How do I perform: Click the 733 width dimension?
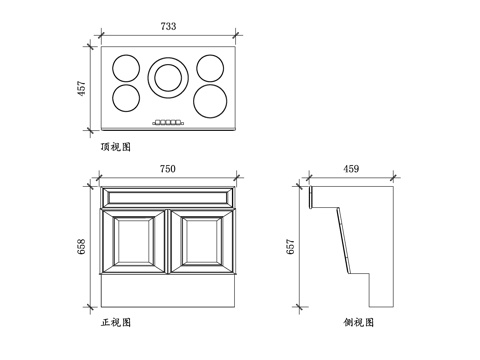click(x=168, y=26)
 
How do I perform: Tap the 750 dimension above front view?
click(x=168, y=170)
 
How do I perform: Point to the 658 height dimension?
click(x=82, y=245)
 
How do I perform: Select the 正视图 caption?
click(x=116, y=322)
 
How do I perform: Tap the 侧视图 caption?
click(x=358, y=322)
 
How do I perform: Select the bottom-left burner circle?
click(x=126, y=99)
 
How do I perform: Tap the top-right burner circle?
click(x=209, y=68)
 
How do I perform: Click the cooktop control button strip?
click(x=168, y=123)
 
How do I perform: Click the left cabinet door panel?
click(x=133, y=243)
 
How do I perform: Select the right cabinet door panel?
click(x=203, y=243)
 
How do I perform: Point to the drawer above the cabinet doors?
click(x=168, y=196)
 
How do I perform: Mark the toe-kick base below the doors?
click(x=168, y=292)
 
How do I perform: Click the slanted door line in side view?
click(x=341, y=240)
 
